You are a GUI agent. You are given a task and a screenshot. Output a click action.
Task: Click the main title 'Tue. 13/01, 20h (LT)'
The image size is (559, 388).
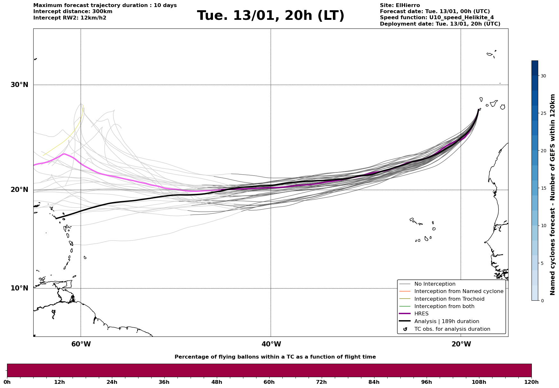point(271,16)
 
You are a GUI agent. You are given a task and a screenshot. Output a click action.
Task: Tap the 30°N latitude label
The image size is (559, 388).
point(19,85)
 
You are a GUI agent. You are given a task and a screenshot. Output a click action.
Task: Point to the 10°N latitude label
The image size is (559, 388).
point(19,288)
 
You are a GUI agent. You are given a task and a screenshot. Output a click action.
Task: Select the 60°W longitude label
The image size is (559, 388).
point(81,344)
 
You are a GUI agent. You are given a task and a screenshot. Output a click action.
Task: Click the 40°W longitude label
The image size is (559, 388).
point(271,344)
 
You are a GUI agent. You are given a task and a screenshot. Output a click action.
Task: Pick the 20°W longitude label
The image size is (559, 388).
point(461,344)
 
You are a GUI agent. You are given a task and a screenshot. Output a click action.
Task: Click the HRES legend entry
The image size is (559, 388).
point(421,314)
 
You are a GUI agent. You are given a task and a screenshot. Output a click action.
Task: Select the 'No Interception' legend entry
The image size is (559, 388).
point(435,284)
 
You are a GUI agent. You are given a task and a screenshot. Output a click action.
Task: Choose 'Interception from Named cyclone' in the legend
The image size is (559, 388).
point(459,291)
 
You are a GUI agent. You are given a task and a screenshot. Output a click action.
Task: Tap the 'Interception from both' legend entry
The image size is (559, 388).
point(444,306)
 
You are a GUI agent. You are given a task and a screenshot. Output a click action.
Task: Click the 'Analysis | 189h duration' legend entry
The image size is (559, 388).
point(446,321)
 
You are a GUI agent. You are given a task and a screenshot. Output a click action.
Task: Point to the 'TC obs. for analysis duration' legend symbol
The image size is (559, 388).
point(405,329)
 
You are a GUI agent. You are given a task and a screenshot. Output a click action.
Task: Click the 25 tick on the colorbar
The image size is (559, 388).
point(543,113)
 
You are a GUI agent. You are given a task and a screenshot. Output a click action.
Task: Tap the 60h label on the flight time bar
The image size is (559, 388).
point(269,382)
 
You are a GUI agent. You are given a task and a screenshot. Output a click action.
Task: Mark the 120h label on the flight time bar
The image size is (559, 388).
point(531,382)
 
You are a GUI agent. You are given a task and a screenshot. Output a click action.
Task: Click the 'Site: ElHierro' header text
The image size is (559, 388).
point(400,5)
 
